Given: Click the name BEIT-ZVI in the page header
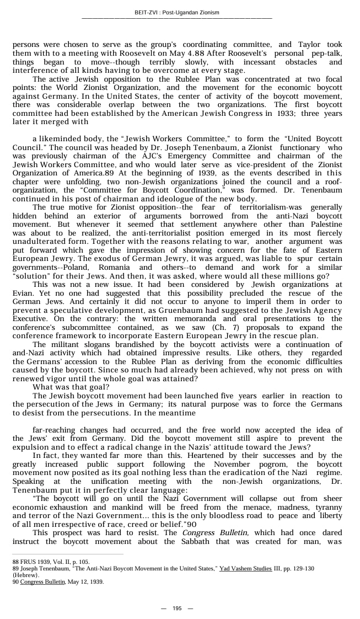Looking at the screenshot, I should coord(146,12).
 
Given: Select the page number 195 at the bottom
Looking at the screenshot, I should coord(177,608).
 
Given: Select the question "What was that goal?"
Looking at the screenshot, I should coord(71,387).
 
